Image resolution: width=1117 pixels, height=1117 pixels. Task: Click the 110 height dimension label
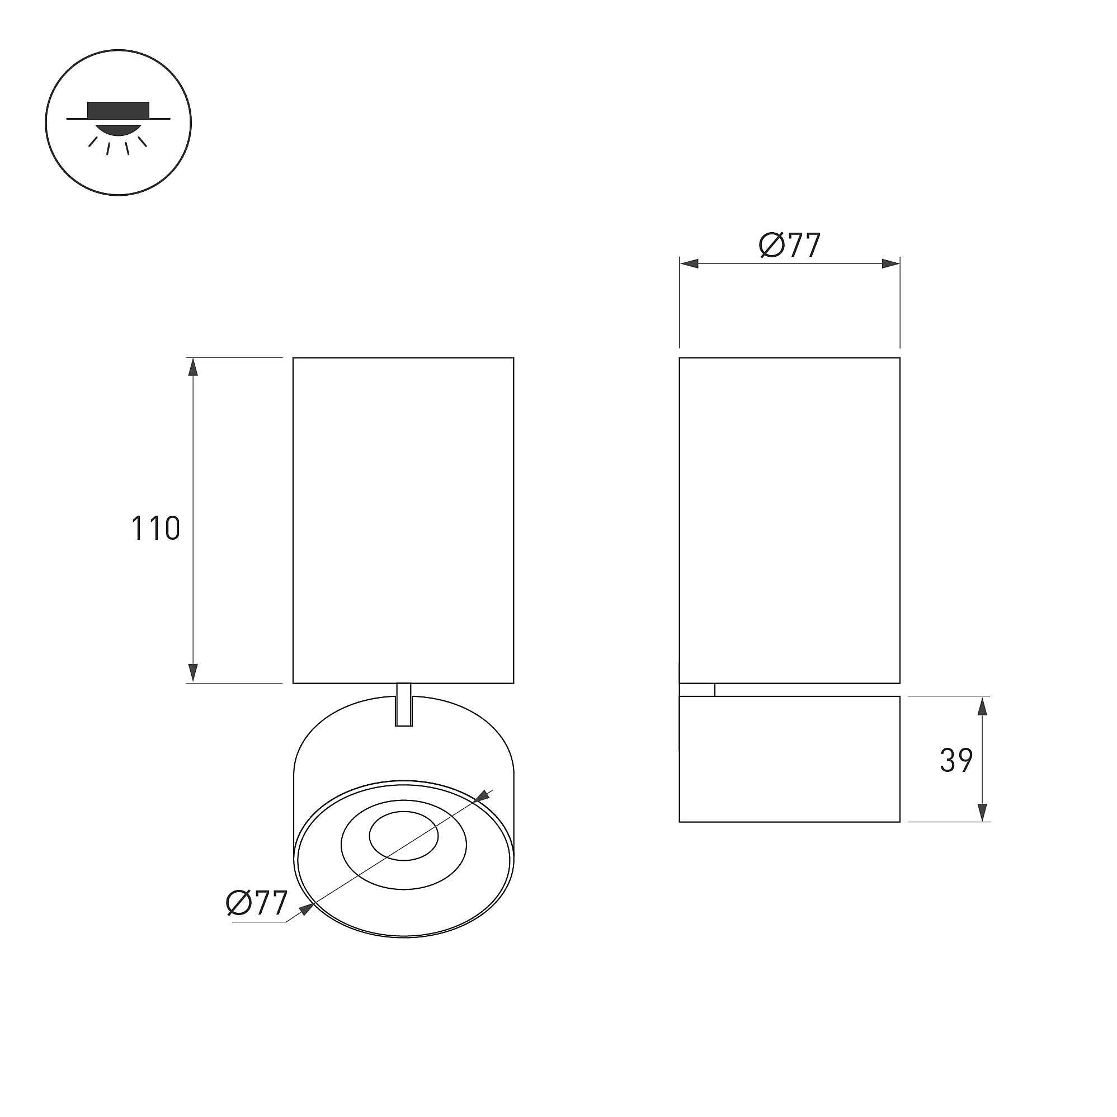155,529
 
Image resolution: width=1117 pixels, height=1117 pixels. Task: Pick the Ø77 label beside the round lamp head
257,903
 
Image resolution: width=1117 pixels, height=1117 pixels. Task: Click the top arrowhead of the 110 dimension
193,367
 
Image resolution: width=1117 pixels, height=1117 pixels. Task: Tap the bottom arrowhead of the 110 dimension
193,673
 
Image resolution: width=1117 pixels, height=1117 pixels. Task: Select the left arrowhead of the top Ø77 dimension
690,264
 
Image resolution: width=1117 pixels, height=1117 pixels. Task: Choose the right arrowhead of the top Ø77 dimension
890,264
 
